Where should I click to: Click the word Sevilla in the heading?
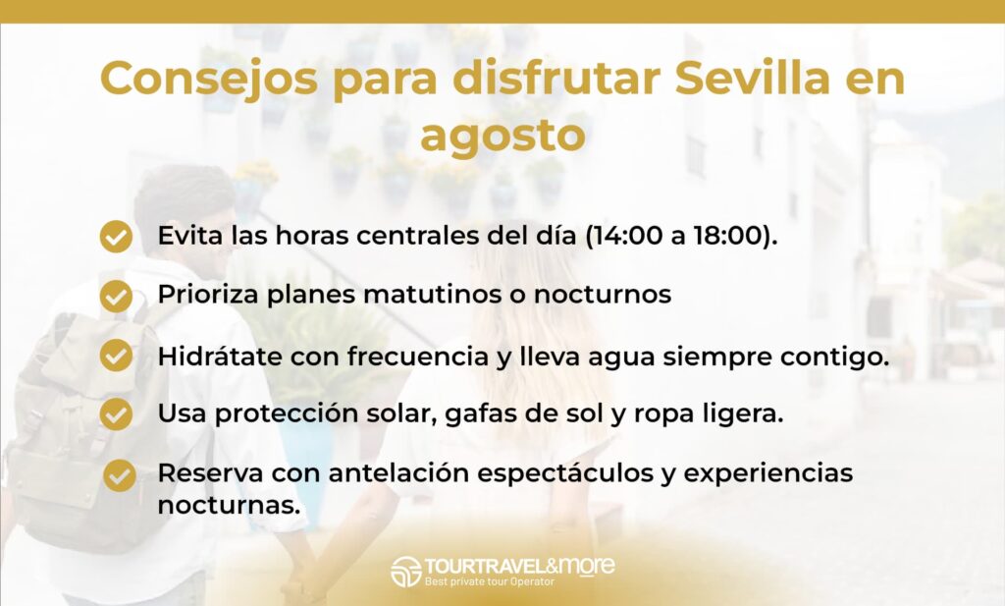click(x=753, y=79)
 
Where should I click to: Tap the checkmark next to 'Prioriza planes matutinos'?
click(x=116, y=296)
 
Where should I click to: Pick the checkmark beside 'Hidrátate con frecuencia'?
click(x=116, y=356)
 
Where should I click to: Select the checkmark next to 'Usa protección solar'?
click(x=116, y=413)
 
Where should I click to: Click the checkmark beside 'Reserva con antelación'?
click(x=119, y=475)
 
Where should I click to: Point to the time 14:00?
click(x=628, y=236)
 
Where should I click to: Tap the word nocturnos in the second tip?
click(x=603, y=295)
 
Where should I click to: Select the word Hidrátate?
click(x=220, y=356)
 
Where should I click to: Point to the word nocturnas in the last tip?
click(x=229, y=505)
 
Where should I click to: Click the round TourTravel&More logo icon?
click(x=405, y=571)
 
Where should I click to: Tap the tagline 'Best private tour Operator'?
click(x=490, y=581)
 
